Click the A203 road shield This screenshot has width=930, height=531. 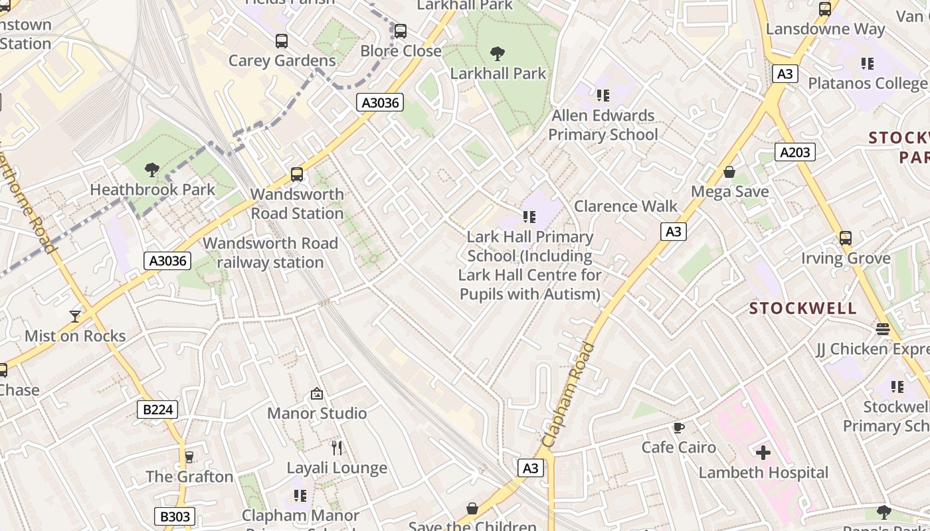[x=794, y=153]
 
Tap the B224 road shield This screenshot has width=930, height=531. [x=158, y=410]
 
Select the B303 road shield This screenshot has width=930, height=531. [x=175, y=516]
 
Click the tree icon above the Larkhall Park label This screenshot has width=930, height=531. [x=497, y=54]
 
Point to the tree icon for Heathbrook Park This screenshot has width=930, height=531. [x=152, y=170]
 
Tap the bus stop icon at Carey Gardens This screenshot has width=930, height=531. [x=282, y=41]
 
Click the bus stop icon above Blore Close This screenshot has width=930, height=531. [x=400, y=31]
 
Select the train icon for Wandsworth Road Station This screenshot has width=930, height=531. [x=297, y=175]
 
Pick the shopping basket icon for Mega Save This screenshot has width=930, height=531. [x=729, y=173]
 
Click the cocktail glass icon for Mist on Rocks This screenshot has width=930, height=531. [x=75, y=317]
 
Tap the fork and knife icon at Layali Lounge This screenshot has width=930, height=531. [x=337, y=448]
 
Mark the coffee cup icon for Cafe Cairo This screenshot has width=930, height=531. [x=678, y=427]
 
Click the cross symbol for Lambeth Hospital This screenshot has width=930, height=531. [x=763, y=453]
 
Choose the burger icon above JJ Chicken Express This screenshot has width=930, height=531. [x=882, y=329]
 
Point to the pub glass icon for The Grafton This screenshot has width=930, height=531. [x=189, y=457]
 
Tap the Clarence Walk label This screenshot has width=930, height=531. [x=626, y=206]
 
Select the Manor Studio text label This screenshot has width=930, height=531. [x=317, y=414]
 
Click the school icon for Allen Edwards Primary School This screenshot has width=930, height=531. [x=603, y=96]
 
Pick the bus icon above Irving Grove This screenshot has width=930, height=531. [x=845, y=238]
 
